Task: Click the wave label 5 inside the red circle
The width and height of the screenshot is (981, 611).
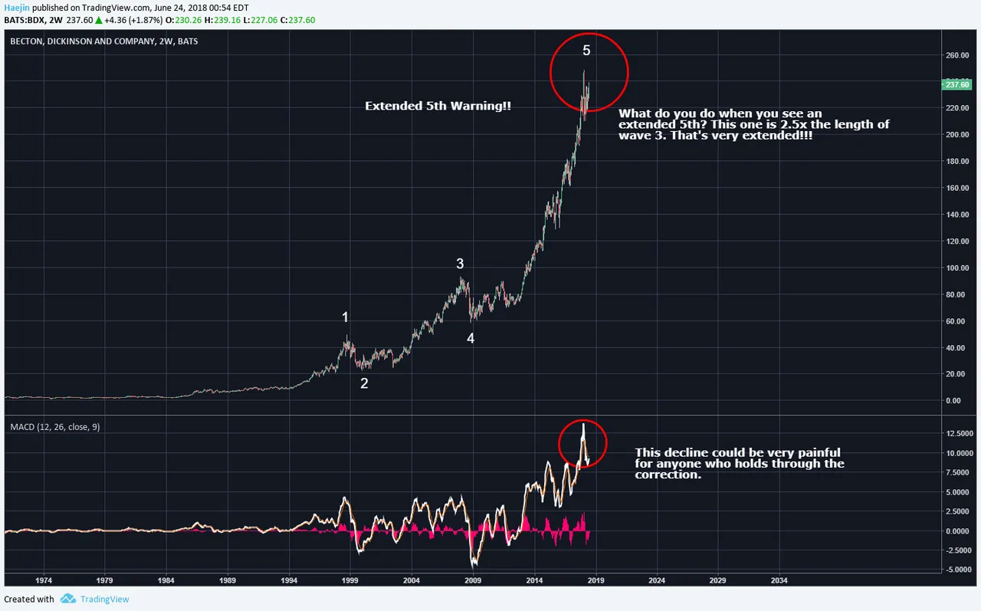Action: (x=586, y=51)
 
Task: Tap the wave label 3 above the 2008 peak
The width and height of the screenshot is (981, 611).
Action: (x=460, y=264)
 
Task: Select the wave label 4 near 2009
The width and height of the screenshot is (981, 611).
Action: (x=471, y=338)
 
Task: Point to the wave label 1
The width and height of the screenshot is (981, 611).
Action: (x=345, y=317)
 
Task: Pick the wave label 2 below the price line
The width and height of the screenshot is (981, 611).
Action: (x=364, y=383)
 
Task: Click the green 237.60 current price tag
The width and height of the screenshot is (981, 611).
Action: (x=957, y=84)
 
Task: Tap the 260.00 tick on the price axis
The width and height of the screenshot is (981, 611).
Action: (x=957, y=55)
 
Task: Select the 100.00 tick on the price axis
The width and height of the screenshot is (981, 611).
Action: (x=957, y=268)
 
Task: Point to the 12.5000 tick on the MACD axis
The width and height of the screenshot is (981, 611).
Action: (x=956, y=433)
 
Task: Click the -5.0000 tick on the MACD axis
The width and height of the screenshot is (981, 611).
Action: (x=956, y=570)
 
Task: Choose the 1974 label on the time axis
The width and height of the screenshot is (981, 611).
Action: (x=44, y=580)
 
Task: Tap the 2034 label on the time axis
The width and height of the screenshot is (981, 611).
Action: (x=779, y=580)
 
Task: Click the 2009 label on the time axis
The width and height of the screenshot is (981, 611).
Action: (x=473, y=580)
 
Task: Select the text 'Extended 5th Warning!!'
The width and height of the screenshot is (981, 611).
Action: (x=438, y=106)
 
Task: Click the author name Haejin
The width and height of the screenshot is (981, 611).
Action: (x=17, y=8)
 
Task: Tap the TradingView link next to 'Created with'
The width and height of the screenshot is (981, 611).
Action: (x=105, y=600)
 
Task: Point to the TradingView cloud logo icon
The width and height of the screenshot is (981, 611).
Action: (x=68, y=598)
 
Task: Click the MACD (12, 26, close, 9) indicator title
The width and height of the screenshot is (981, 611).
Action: (x=55, y=427)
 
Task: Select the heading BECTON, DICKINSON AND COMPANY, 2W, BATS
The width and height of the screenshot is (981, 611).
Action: (x=104, y=41)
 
